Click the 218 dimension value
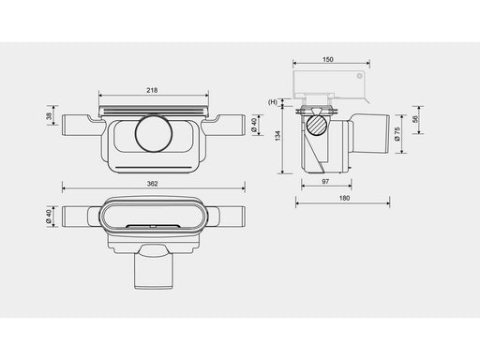[x=152, y=90]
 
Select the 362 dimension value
[x=152, y=184]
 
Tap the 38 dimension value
[x=49, y=116]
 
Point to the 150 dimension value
[x=328, y=59]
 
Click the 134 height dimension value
[x=277, y=136]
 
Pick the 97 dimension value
[x=325, y=182]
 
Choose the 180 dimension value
[x=344, y=198]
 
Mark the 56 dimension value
[x=415, y=119]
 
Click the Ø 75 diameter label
[x=397, y=134]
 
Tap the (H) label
[x=273, y=102]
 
